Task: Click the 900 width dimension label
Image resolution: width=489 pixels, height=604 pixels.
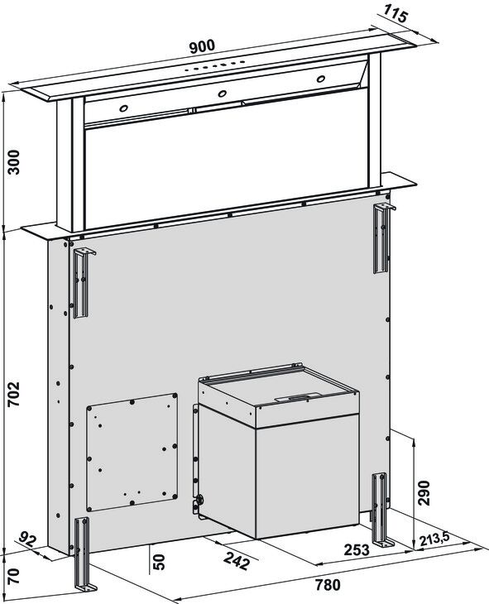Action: tap(202, 46)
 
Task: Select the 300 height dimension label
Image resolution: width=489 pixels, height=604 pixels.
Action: tap(14, 162)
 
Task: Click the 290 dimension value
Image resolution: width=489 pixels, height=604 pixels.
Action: tap(424, 493)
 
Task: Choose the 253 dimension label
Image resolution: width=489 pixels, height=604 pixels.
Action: tap(357, 550)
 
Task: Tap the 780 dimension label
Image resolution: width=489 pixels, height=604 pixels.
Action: tap(328, 585)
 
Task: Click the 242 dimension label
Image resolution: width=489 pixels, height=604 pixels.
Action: tap(236, 561)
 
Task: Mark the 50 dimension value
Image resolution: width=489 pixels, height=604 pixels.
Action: tap(159, 562)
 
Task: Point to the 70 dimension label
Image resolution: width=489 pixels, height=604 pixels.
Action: tap(14, 576)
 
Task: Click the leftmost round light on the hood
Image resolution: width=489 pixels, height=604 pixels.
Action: tap(123, 108)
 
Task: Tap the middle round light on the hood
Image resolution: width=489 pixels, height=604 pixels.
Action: tap(222, 93)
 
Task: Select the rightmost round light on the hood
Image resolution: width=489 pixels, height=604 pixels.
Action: tap(320, 79)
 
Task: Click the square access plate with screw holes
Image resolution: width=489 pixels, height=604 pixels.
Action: tap(132, 453)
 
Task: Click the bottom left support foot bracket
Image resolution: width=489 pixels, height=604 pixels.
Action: tap(84, 554)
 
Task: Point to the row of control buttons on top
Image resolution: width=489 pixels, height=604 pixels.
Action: tap(214, 66)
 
